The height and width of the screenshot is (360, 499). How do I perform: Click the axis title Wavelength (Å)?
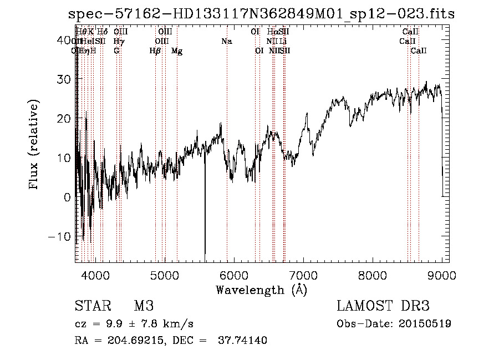pos(261,290)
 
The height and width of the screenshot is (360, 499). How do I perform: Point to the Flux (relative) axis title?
pos(35,145)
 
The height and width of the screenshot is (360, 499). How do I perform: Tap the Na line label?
pos(226,41)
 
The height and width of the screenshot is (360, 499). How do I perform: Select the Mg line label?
pos(177,51)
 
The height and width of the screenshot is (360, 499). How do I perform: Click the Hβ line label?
pos(155,51)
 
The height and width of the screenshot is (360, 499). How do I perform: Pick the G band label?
pos(116,51)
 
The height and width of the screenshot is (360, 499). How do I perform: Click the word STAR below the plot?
pos(91,306)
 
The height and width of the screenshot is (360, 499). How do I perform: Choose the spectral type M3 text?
pos(144,306)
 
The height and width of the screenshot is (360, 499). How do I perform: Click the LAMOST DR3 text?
pos(383,306)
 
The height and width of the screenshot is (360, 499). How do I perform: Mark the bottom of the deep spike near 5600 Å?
pos(205,258)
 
